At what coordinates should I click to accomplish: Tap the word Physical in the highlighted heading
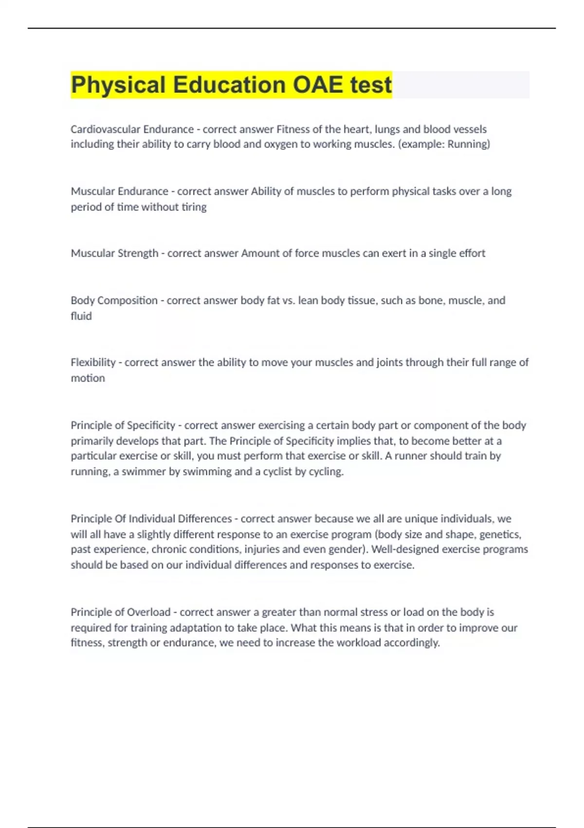(118, 85)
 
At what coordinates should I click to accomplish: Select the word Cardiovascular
(99, 129)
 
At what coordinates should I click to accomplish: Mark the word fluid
(81, 316)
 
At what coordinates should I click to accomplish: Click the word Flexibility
(93, 362)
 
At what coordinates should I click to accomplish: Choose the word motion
(88, 378)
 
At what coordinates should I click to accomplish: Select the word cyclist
(277, 471)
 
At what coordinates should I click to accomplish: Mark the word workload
(357, 643)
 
